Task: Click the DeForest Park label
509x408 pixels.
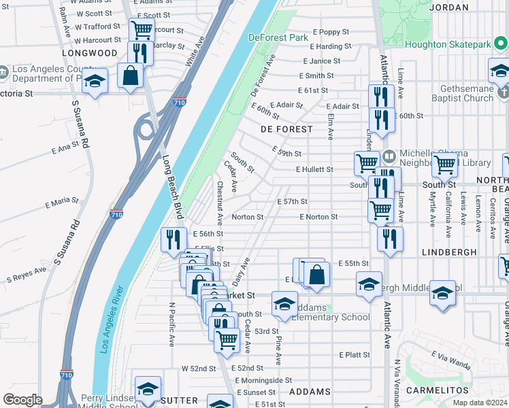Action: (278, 37)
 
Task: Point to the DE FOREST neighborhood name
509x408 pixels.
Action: (286, 129)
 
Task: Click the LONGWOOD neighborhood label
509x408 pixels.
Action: (90, 52)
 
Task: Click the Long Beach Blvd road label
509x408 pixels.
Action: (173, 186)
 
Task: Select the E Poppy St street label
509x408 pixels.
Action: (331, 32)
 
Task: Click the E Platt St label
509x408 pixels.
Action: (354, 355)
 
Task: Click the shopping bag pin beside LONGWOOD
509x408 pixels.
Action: (131, 75)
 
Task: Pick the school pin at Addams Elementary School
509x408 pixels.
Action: (284, 303)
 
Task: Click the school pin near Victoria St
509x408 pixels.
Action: (95, 81)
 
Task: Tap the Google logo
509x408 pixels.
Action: (22, 400)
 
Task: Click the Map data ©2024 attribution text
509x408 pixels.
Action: (480, 403)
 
